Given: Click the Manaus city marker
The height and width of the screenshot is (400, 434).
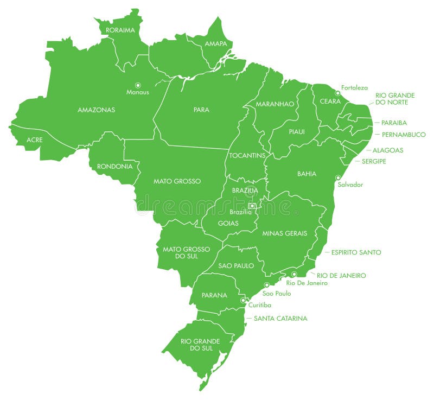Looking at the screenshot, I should tap(138, 85).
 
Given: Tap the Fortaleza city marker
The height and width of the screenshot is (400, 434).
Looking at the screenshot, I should tap(337, 93).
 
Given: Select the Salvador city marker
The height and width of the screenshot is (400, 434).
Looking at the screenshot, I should tap(338, 177).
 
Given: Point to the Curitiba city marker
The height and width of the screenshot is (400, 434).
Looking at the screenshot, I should tap(243, 300).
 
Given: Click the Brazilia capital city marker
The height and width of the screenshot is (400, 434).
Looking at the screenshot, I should tap(252, 206).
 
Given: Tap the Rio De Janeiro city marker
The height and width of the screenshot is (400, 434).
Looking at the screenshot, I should tap(294, 275).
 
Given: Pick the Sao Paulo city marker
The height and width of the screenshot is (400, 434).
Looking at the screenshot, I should tap(266, 285).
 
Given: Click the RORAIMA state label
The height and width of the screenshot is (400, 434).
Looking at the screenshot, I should tap(120, 30).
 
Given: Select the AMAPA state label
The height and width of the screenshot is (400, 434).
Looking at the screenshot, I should tap(216, 43).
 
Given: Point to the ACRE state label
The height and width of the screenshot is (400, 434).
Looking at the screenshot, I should tap(35, 140).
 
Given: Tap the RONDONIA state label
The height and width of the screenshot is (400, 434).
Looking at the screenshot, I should tap(114, 167).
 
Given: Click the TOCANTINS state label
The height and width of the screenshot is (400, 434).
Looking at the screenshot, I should tap(247, 155).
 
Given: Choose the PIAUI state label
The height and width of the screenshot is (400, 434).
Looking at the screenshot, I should tap(297, 131).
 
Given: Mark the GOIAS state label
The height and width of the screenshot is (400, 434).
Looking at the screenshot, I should tap(228, 223).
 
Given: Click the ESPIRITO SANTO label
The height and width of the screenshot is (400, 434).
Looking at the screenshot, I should tap(356, 252).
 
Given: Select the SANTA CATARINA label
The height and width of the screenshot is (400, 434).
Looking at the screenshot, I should tap(280, 319).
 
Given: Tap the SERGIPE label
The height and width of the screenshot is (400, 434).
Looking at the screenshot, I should tap(374, 161).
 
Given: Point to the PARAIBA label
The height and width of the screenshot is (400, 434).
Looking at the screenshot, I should tap(394, 123).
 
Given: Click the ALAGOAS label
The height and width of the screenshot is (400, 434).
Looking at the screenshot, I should tap(388, 150).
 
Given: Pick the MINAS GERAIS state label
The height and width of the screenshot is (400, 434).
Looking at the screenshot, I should tap(285, 233).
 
